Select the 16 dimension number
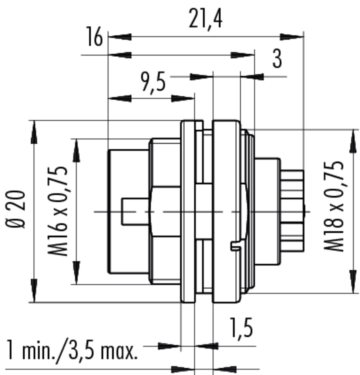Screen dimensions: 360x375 pyautogui.click(x=95, y=37)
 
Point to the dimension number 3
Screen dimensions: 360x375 pyautogui.click(x=277, y=58)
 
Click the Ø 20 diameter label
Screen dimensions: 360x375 pyautogui.click(x=15, y=209)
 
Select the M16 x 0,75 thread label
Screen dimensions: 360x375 pyautogui.click(x=58, y=211)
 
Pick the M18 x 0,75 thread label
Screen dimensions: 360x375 pyautogui.click(x=334, y=207)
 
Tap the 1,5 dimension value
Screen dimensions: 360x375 pyautogui.click(x=241, y=329)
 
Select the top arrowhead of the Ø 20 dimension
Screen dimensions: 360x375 pyautogui.click(x=34, y=132)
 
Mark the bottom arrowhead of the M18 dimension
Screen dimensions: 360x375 pyautogui.click(x=353, y=282)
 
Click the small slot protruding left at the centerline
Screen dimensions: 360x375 pyautogui.click(x=136, y=212)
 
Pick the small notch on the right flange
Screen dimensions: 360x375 pyautogui.click(x=236, y=247)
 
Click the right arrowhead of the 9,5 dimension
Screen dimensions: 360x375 pyautogui.click(x=183, y=98)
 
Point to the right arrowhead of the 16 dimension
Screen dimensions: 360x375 pyautogui.click(x=242, y=55)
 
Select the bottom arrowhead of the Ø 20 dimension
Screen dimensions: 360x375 pyautogui.click(x=34, y=291)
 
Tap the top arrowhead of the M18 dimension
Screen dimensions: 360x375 pyautogui.click(x=353, y=142)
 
